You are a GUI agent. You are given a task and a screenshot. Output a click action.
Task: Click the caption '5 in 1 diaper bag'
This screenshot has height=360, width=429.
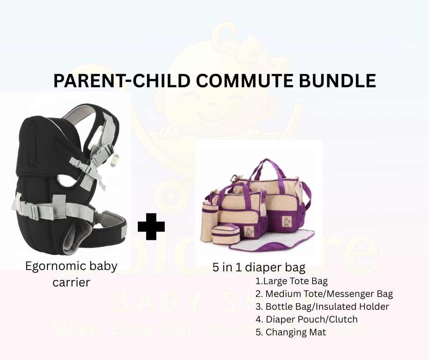click(259, 268)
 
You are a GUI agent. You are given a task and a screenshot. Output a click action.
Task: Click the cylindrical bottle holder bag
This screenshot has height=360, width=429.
click(211, 215)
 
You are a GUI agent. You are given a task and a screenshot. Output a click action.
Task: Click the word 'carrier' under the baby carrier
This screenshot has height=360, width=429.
click(71, 282)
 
